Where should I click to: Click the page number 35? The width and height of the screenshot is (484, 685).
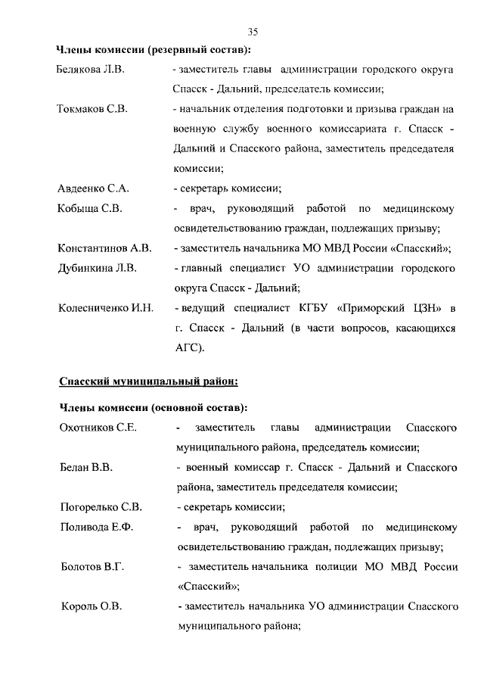point(253,31)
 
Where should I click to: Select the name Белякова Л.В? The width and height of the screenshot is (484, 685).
point(91,70)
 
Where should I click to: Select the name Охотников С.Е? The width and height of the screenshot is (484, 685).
point(98,428)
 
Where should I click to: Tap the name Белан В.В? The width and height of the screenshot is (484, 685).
point(86,468)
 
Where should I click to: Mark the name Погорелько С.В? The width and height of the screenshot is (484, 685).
point(101,507)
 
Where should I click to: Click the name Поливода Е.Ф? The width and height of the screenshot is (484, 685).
point(96,528)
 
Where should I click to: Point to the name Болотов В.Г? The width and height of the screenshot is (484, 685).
point(92,567)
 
